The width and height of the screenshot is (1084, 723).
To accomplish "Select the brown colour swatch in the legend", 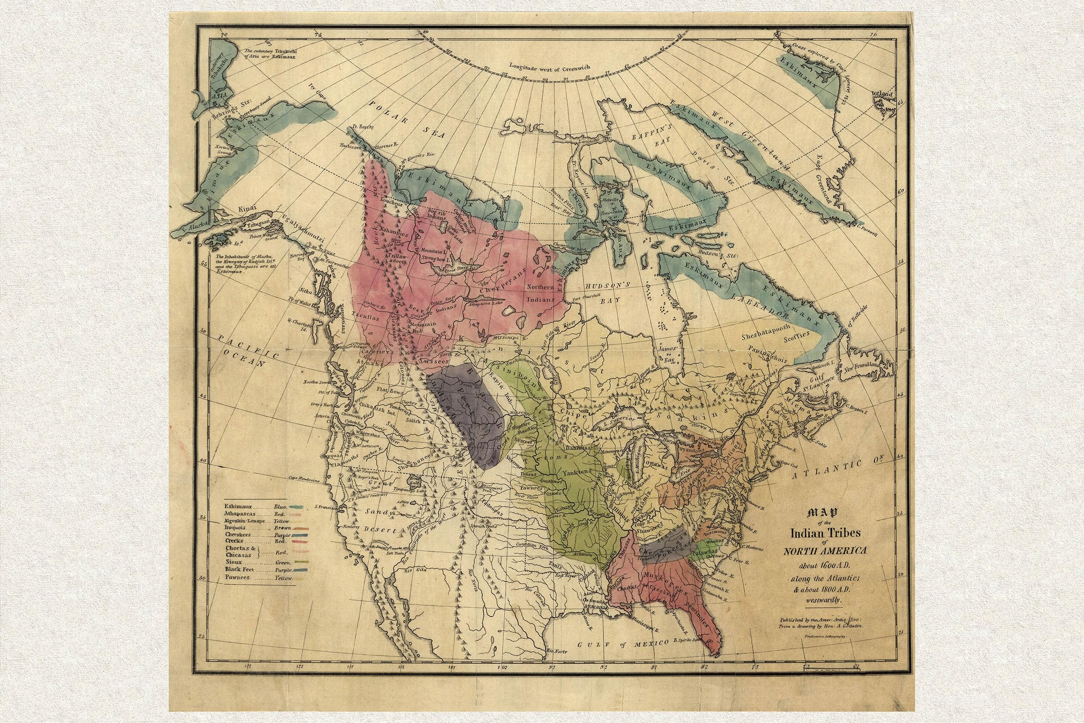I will (x=299, y=527).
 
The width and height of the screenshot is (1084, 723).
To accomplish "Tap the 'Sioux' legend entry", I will (x=234, y=562).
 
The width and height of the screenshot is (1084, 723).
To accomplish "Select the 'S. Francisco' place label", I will (x=323, y=507).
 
